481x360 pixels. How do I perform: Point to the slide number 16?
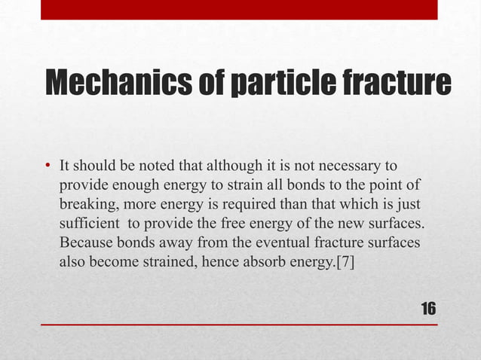click(x=428, y=309)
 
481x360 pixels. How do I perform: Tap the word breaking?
click(x=85, y=204)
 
